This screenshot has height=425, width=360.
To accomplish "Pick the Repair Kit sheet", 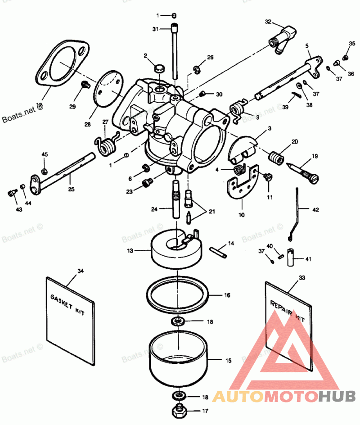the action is click(x=288, y=324).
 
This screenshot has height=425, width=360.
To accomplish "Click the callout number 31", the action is click(x=155, y=29).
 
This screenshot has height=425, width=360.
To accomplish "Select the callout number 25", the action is click(x=72, y=189).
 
